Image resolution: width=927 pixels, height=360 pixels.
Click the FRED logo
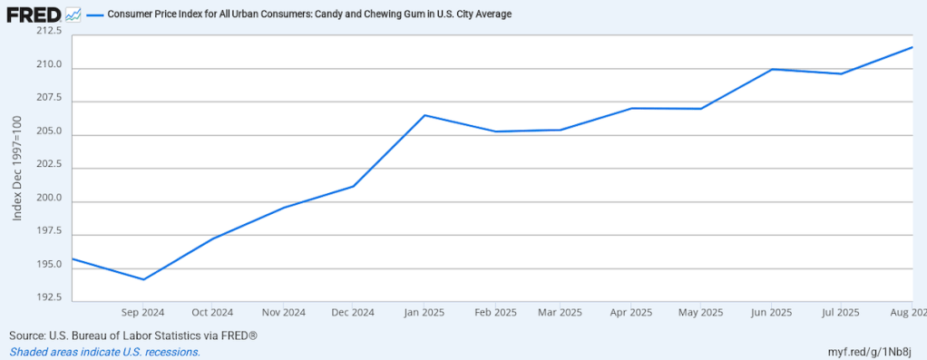tap(34, 15)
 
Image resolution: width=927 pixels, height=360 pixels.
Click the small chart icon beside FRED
tap(73, 15)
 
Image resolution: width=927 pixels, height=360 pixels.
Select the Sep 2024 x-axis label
tap(143, 313)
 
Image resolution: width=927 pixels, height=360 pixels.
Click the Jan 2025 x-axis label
tap(424, 313)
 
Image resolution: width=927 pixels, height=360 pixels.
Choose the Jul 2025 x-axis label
tap(841, 313)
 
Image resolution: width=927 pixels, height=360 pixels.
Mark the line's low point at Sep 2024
tap(143, 279)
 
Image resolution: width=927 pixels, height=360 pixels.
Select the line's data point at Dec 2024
tap(354, 186)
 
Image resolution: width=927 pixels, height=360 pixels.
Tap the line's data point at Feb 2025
tap(495, 131)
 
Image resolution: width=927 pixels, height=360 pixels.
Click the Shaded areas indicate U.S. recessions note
tap(104, 352)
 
